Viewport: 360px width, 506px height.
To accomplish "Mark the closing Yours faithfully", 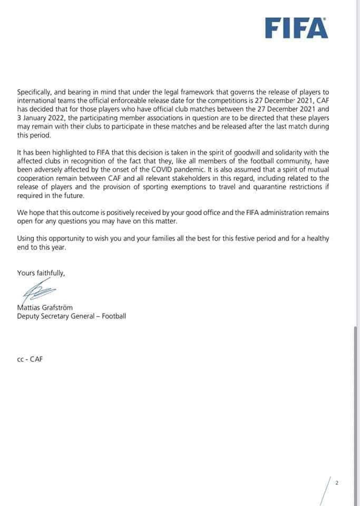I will pos(41,273).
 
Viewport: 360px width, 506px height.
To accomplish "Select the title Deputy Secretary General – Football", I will pos(72,316).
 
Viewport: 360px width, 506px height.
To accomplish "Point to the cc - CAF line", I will pos(30,359).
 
